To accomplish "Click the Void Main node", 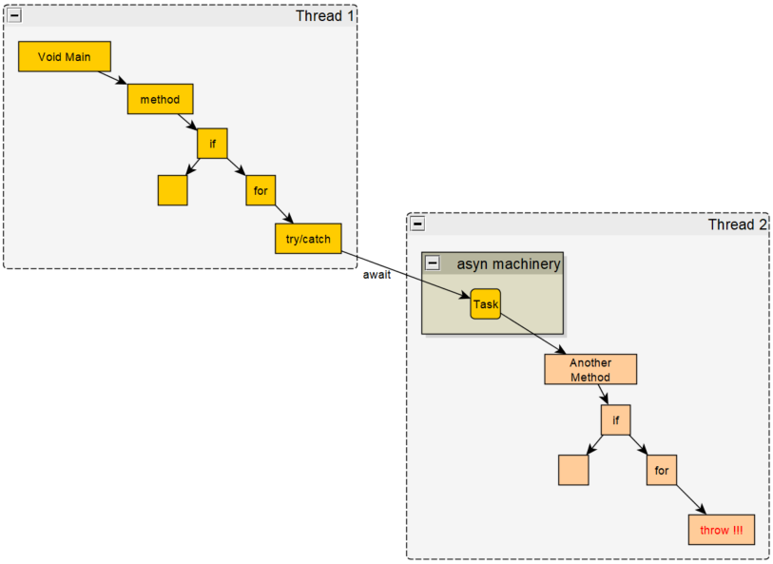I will tap(65, 57).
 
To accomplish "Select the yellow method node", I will tap(160, 99).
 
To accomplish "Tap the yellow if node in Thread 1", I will tap(212, 144).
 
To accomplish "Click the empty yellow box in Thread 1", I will tap(172, 190).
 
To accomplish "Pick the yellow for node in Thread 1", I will tap(261, 190).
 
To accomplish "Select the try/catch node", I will tap(308, 239).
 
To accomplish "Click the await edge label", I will tap(377, 275).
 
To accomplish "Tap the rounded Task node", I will tap(485, 304).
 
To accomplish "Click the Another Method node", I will tap(589, 369).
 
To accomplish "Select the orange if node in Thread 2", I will tap(615, 419).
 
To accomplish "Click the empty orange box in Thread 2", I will tap(573, 470).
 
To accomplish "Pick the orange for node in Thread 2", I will tap(662, 470).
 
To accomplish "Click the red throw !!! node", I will tap(721, 530).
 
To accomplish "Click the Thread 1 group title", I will tap(324, 15).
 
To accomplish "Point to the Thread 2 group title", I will tap(737, 224).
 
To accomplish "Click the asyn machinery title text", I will tap(508, 263).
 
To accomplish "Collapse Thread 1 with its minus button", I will tap(14, 15).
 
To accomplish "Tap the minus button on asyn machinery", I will tap(433, 263).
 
